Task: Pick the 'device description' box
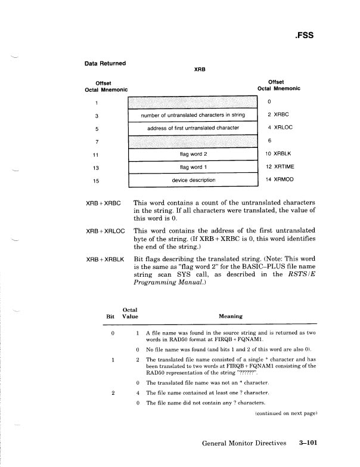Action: [192, 180]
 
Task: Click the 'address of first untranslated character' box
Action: [192, 128]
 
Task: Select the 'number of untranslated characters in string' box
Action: [192, 115]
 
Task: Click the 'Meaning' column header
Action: [230, 317]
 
